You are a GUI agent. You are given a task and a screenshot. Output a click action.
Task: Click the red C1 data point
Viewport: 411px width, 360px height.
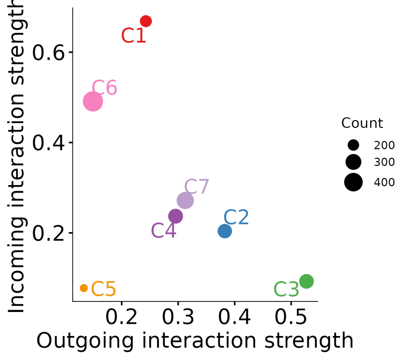tap(146, 21)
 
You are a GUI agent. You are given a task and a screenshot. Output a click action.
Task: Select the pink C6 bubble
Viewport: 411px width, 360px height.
tap(93, 102)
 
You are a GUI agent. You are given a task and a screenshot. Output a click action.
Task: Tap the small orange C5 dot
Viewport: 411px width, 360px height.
tap(84, 288)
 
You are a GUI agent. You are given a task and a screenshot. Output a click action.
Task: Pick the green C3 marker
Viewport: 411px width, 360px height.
tap(306, 282)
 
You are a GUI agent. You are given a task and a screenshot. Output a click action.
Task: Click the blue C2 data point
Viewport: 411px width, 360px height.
tap(225, 231)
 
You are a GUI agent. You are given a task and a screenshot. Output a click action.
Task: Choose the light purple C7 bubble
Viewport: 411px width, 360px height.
tap(185, 200)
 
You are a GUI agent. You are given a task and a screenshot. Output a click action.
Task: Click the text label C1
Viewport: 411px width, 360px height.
tap(134, 36)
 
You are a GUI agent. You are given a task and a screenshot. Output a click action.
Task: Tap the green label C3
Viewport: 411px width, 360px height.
tap(286, 290)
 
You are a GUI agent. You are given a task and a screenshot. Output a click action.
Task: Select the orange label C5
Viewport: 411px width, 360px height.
tap(104, 289)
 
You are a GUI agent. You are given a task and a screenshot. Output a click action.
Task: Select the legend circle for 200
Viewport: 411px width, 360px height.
tap(353, 145)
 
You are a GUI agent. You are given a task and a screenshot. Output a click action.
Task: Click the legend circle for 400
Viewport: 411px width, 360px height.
tap(353, 182)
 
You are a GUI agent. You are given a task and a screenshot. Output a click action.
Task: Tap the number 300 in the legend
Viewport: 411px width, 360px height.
tap(384, 163)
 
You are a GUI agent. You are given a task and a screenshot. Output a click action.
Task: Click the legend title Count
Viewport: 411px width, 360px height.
tap(362, 123)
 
